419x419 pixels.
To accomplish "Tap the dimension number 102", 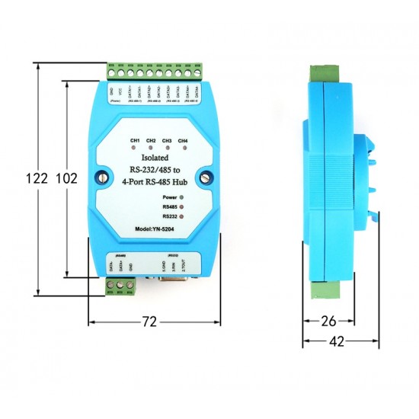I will (x=67, y=178).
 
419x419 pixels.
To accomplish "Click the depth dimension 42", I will (x=335, y=342).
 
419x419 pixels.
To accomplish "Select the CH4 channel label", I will (x=183, y=140).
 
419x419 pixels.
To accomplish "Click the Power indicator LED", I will (x=181, y=197).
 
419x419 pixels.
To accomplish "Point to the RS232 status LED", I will (x=181, y=216).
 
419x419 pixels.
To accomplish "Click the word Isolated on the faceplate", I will (x=149, y=157).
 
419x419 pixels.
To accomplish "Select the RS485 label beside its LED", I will (x=169, y=206).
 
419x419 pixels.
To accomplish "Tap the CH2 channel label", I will (x=151, y=140).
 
